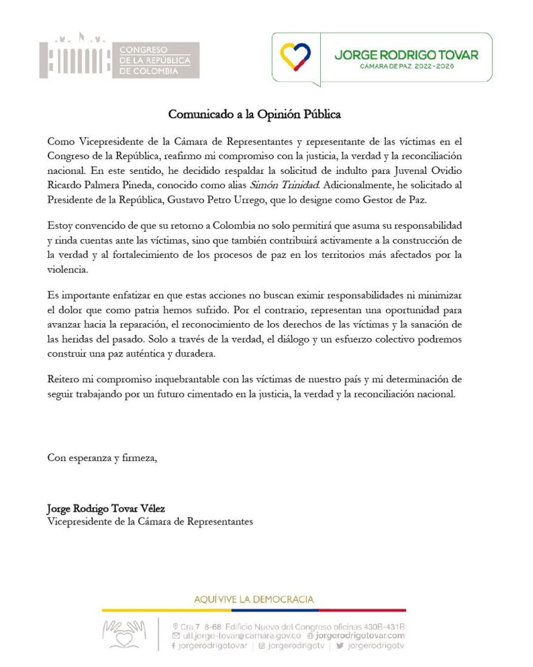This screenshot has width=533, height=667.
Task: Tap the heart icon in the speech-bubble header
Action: coord(295,57)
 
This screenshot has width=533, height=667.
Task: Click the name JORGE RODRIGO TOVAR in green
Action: coord(406,55)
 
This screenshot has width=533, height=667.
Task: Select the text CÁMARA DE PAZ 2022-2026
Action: coord(407,66)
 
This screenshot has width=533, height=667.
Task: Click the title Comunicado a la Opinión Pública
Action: coord(254,114)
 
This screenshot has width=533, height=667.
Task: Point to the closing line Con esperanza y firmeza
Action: coord(102,457)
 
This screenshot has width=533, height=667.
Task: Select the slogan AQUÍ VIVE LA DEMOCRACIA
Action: coord(254,599)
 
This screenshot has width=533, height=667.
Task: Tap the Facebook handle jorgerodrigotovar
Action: coord(212,646)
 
